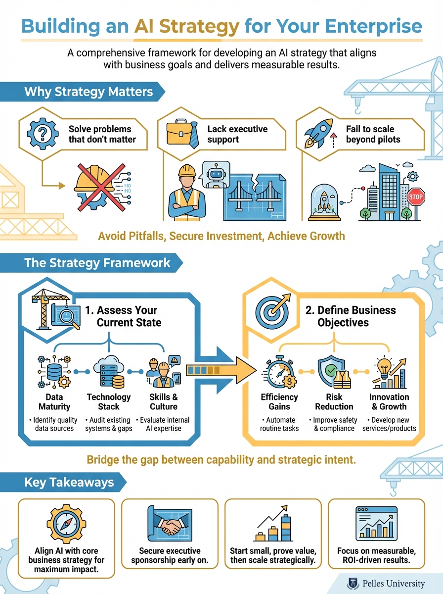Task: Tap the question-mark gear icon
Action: [x=39, y=132]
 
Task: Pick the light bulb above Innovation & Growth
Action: [x=384, y=369]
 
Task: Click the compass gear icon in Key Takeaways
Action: [x=66, y=526]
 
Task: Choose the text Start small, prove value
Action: [x=273, y=550]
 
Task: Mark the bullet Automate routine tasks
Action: [x=279, y=424]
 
